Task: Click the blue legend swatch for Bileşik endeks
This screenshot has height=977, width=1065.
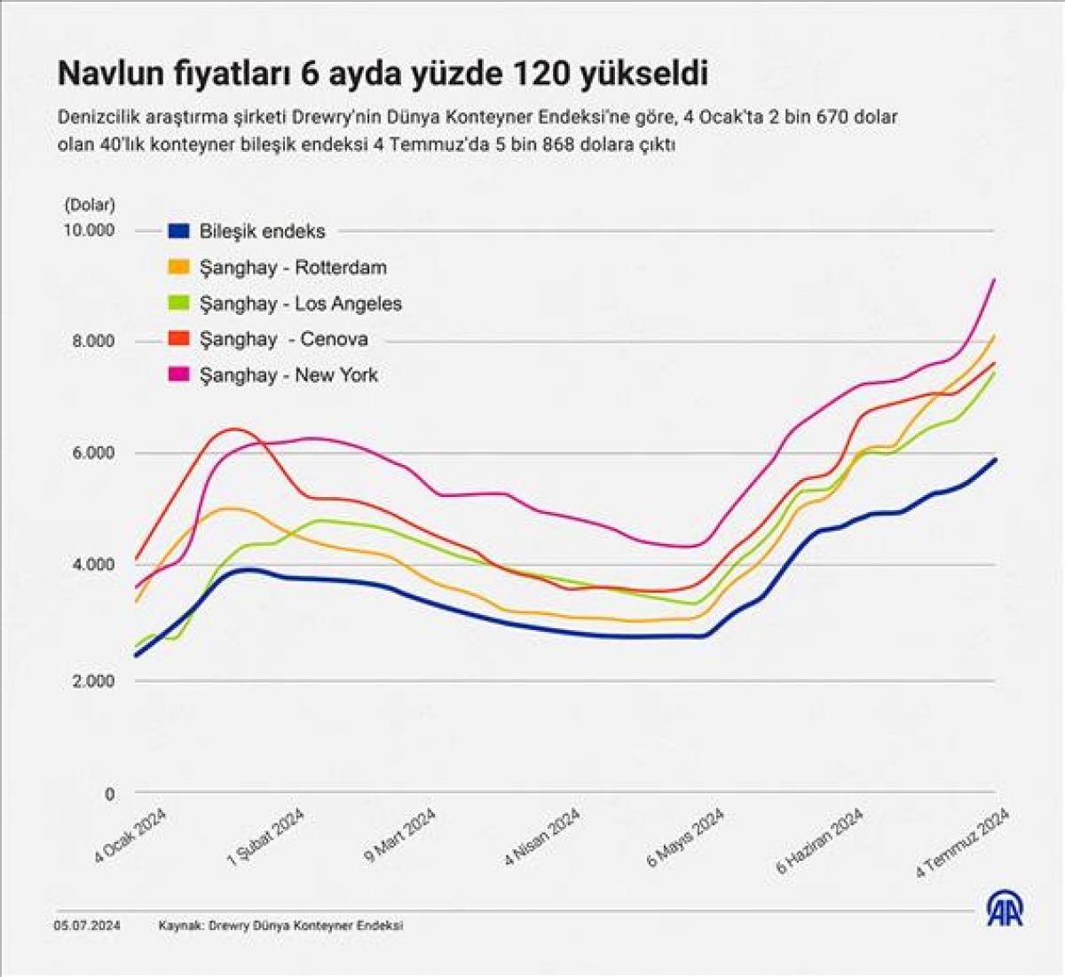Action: [178, 231]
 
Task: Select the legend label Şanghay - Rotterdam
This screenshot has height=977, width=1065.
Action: [293, 267]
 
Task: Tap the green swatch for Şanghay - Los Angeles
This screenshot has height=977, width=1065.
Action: [178, 303]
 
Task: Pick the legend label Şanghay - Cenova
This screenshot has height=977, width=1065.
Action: [283, 339]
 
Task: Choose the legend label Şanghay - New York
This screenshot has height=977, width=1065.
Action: [288, 375]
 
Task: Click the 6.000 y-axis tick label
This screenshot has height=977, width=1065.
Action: [93, 453]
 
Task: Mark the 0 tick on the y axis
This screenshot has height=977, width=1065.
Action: [110, 794]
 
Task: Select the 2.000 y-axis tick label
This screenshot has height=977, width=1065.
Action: [93, 682]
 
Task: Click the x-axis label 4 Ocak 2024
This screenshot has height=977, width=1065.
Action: [131, 834]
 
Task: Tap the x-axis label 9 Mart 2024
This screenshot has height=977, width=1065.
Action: [400, 836]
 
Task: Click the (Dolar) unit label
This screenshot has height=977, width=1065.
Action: [90, 205]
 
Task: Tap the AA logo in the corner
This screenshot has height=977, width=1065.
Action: [1005, 909]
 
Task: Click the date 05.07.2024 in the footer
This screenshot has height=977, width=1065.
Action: [88, 926]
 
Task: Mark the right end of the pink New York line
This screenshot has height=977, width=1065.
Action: [995, 280]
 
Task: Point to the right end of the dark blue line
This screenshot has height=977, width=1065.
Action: [995, 460]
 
